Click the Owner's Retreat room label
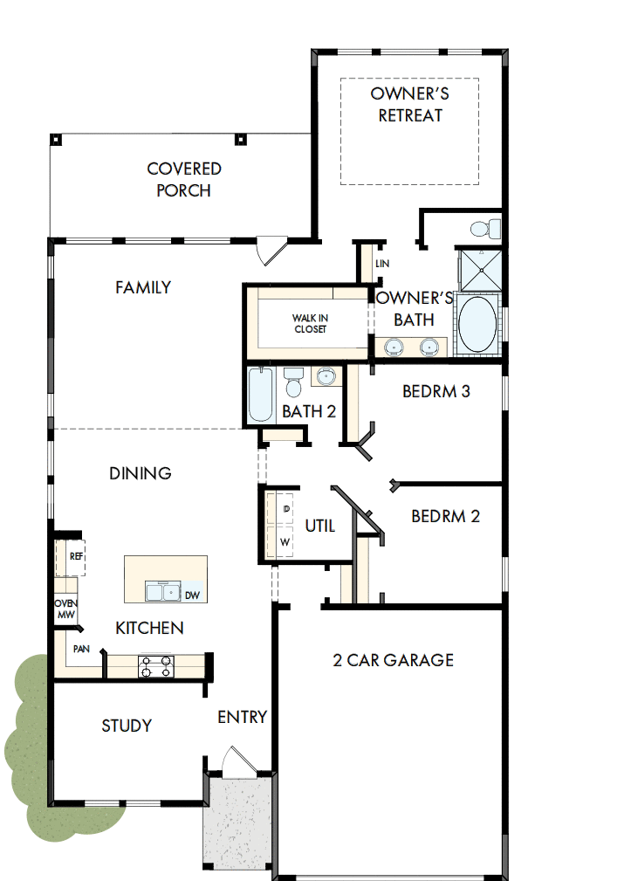pos(409,104)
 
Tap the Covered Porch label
pos(183,179)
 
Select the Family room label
pos(143,287)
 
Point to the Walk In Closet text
pos(309,324)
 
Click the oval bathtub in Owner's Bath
pos(477,325)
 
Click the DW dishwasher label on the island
pos(193,595)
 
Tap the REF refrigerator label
pos(76,555)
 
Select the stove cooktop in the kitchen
pos(156,666)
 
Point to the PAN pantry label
pos(80,649)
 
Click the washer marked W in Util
pos(285,541)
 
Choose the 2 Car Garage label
pos(393,660)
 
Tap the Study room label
pos(127,726)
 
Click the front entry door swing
pos(236,761)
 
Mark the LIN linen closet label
pos(381,264)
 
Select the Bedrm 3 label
pos(436,391)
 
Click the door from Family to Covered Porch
pos(271,251)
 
